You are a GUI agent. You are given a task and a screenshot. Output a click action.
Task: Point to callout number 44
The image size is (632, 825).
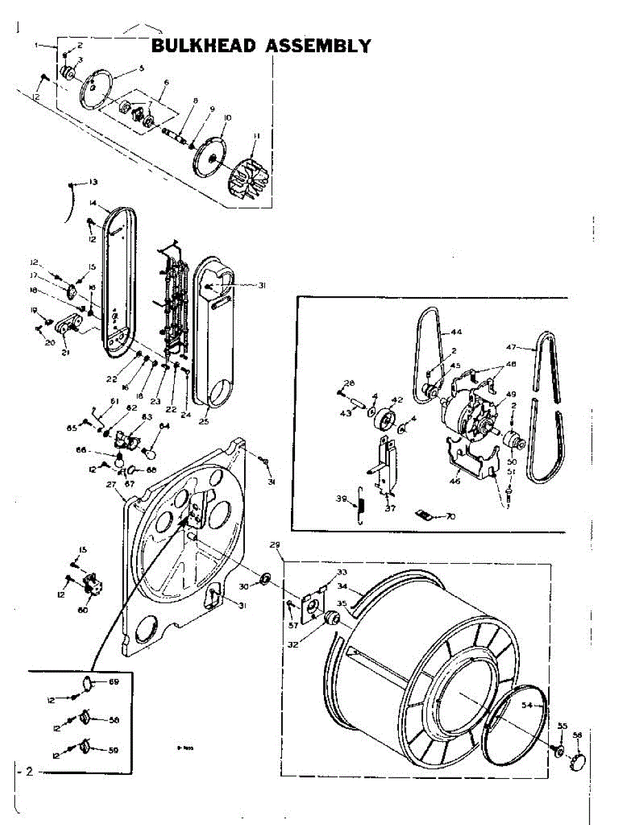[457, 331]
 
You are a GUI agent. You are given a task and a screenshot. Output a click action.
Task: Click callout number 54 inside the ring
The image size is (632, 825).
[527, 705]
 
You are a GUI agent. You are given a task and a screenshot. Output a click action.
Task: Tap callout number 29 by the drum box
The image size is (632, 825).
[275, 544]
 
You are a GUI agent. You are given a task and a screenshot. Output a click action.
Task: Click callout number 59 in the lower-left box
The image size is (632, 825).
[113, 750]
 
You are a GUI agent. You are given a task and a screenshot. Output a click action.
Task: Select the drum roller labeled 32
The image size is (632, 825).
[331, 618]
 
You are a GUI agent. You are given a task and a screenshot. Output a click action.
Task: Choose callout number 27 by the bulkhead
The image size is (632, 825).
[111, 484]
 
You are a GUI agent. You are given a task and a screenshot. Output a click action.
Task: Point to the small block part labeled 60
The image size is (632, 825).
[91, 589]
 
